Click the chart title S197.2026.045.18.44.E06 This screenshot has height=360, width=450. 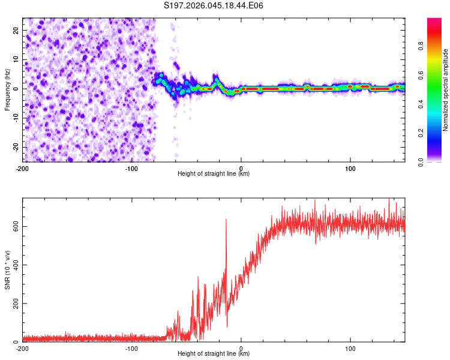214,5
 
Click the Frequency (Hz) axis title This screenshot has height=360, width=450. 7,89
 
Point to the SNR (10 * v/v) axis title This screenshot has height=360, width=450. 7,269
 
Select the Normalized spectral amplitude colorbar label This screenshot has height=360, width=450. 446,89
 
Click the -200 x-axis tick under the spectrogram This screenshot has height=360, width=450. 23,168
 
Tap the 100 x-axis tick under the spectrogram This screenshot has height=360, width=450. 350,168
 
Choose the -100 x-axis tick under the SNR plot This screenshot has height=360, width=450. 131,348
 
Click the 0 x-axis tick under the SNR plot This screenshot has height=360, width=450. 241,348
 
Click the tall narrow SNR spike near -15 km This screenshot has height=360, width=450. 226,220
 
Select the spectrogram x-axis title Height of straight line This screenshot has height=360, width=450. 214,174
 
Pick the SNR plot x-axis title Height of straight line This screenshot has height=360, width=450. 214,354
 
